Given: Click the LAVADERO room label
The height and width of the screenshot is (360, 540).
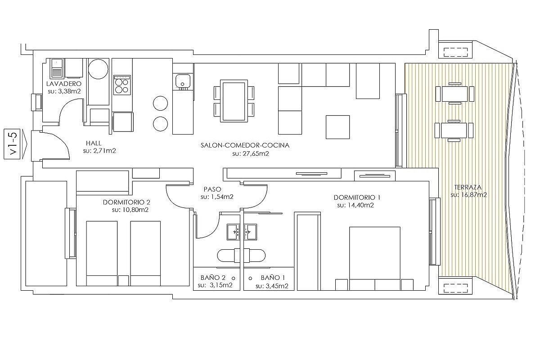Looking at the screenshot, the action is pos(64,84).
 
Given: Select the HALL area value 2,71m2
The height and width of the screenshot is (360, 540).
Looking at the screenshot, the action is pos(99,151).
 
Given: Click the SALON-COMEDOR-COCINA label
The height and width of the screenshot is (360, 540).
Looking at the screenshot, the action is pos(245,145).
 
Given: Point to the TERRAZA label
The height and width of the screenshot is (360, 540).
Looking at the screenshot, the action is pos(468,187).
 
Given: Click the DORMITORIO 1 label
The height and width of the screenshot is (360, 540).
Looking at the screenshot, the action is pos(357,198).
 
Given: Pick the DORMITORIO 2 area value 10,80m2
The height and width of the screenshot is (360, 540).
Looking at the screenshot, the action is pos(130,210).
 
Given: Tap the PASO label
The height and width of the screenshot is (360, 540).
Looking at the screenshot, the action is pos(212,189).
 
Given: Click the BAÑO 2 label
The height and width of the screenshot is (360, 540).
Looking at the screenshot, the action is pos(213,278).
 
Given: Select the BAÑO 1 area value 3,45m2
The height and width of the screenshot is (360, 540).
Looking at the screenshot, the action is pos(272,286).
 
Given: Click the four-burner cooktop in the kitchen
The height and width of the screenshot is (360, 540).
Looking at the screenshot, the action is pos(122,85).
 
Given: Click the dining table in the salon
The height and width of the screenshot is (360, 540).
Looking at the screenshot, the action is pos(234,101).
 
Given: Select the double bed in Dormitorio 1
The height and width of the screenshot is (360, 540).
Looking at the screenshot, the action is pos(374,258).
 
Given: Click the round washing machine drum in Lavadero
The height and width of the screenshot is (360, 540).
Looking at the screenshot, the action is pos(98,68).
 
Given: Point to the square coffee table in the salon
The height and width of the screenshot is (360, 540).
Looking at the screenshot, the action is pos(338,127).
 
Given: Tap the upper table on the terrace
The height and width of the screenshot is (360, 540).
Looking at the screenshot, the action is pos(454,94).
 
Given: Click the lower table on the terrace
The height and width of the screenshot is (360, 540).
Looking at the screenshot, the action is pos(454,130).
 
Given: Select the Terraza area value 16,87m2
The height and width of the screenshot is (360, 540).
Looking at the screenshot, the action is pos(468,195).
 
